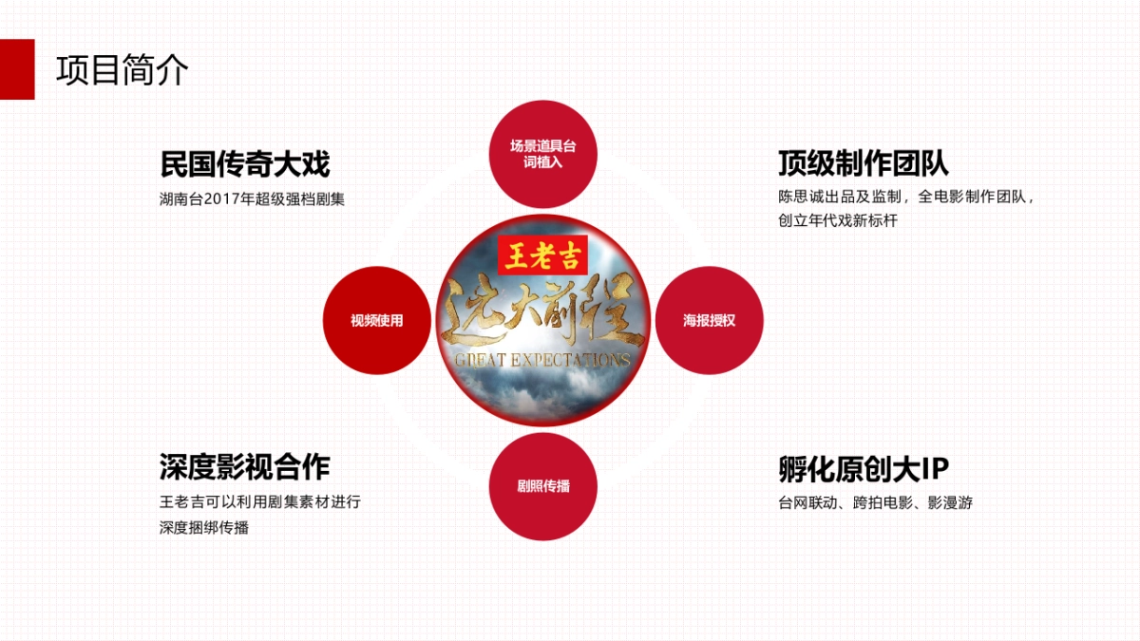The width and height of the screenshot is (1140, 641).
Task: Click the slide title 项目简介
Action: click(x=123, y=71)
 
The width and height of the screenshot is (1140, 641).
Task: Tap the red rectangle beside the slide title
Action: click(x=17, y=69)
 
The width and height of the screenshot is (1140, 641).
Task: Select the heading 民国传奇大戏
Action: click(x=244, y=164)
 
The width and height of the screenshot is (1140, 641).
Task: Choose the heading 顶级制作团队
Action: click(x=863, y=163)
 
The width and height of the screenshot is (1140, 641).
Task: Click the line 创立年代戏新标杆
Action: click(x=837, y=220)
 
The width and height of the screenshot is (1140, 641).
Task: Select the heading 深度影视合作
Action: click(x=244, y=467)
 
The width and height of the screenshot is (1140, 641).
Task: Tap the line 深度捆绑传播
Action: click(x=204, y=527)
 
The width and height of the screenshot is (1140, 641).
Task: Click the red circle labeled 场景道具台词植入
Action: click(x=543, y=154)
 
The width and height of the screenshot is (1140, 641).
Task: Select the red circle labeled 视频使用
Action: click(x=377, y=320)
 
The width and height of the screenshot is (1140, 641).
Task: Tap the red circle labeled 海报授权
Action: click(x=709, y=320)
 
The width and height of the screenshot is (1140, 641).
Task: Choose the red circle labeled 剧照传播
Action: click(x=543, y=486)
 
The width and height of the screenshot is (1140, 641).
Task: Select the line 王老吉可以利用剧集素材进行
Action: click(x=259, y=502)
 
